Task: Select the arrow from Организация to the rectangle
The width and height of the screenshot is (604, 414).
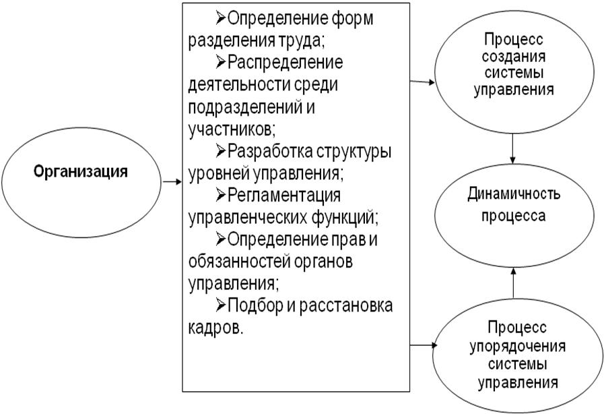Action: [172, 182]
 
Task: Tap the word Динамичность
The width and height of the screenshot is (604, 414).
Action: [514, 194]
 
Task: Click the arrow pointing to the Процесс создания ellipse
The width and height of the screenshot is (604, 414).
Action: [423, 82]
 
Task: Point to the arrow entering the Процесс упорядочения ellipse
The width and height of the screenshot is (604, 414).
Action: [424, 345]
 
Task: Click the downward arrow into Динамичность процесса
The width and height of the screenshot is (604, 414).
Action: [512, 148]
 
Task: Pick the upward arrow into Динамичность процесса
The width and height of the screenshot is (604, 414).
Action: [513, 283]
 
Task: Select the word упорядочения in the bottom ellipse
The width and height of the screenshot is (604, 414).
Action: [518, 346]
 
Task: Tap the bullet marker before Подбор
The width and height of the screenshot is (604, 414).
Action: [221, 305]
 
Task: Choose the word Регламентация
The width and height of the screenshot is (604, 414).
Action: [284, 195]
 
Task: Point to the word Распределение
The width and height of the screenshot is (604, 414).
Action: [285, 63]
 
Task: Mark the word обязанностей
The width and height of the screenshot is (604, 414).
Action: [239, 262]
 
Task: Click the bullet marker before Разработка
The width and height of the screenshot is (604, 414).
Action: [221, 150]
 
